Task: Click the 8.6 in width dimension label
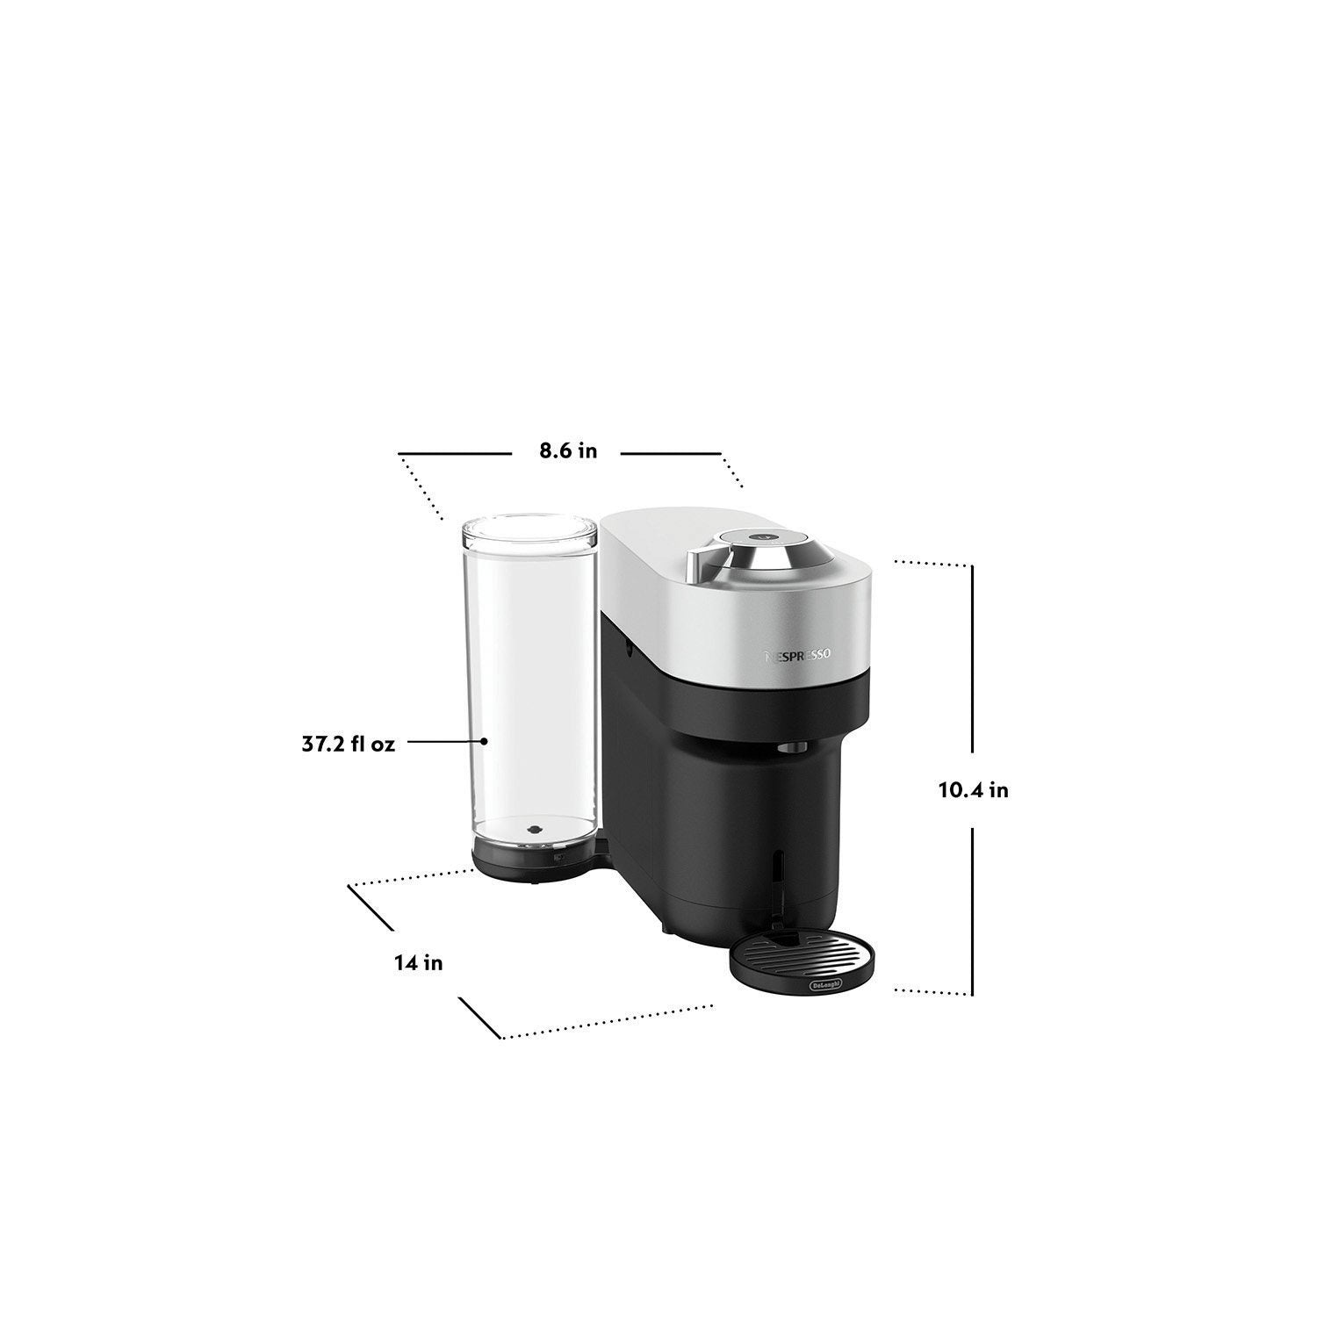(568, 451)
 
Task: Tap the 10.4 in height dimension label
(973, 789)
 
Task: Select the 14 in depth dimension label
(418, 963)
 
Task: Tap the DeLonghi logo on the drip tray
(824, 985)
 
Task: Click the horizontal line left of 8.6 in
(455, 453)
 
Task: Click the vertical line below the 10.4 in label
(973, 913)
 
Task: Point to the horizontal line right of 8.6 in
(671, 453)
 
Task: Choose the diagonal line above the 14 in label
(371, 906)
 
